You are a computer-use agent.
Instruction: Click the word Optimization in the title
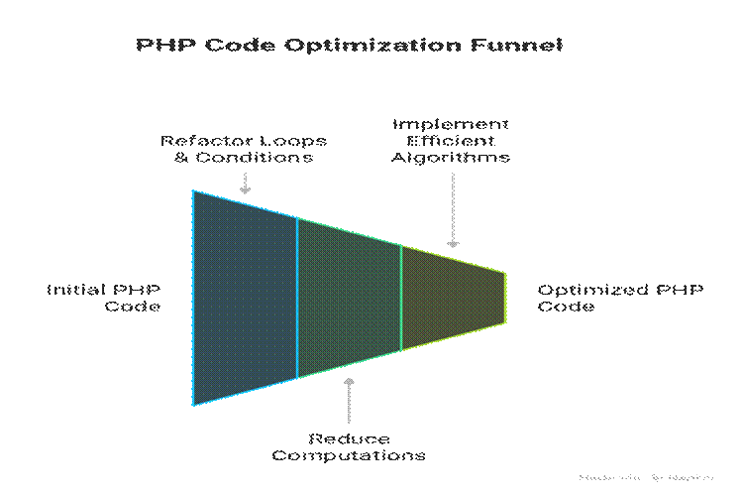pyautogui.click(x=382, y=47)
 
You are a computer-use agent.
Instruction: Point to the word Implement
pyautogui.click(x=451, y=125)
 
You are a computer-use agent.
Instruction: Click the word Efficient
pyautogui.click(x=451, y=141)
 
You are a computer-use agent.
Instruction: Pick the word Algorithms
pyautogui.click(x=451, y=157)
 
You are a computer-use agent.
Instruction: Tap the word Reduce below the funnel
pyautogui.click(x=349, y=439)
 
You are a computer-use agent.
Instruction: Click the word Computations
pyautogui.click(x=349, y=455)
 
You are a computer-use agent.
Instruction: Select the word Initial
pyautogui.click(x=77, y=290)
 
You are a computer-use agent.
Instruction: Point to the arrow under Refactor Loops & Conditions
pyautogui.click(x=245, y=184)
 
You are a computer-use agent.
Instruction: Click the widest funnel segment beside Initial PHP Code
pyautogui.click(x=245, y=298)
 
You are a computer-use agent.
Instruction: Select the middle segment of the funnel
pyautogui.click(x=349, y=298)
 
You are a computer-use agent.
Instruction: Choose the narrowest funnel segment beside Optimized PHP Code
pyautogui.click(x=453, y=298)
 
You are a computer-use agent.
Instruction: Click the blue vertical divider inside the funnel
pyautogui.click(x=297, y=298)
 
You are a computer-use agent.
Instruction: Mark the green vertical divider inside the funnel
pyautogui.click(x=401, y=298)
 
